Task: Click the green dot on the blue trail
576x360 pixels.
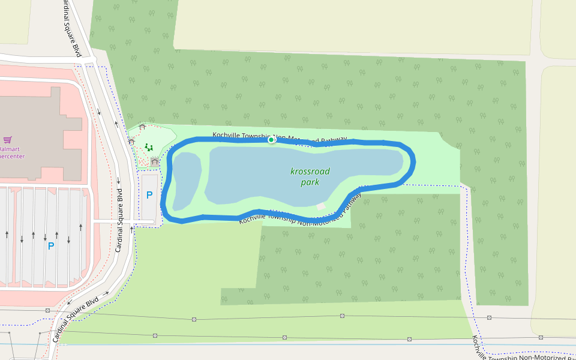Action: click(x=271, y=140)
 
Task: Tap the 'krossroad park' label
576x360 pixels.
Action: click(x=310, y=176)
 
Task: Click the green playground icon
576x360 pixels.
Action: click(x=148, y=147)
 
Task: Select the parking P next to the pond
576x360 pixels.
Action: click(x=149, y=195)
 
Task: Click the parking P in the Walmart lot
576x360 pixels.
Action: click(x=51, y=245)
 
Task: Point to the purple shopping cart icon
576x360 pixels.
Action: click(x=7, y=139)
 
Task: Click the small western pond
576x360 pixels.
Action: click(x=186, y=179)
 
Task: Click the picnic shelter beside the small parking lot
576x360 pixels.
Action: click(x=155, y=161)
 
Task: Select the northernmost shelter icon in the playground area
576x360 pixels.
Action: click(x=142, y=127)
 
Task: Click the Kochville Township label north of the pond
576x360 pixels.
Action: click(x=280, y=137)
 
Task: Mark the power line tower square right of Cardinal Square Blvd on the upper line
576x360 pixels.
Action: click(x=194, y=319)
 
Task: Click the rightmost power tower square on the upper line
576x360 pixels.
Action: click(x=489, y=317)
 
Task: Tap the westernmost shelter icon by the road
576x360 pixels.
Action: click(x=131, y=142)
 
